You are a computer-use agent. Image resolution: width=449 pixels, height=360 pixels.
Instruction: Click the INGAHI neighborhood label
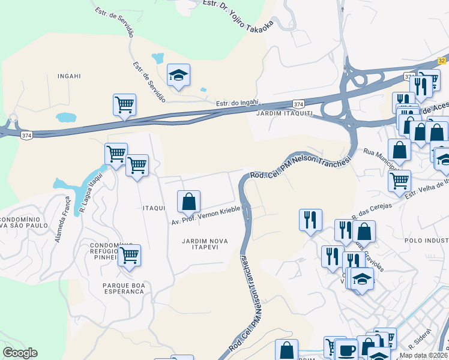coord(68,76)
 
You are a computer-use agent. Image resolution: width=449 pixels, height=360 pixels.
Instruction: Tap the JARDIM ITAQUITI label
coord(285,113)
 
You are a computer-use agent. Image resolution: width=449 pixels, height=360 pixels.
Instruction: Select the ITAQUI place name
coord(154,208)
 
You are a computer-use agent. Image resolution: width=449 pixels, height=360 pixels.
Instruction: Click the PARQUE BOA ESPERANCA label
coord(124,287)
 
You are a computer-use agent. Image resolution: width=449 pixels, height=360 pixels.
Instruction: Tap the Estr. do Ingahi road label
coord(237,103)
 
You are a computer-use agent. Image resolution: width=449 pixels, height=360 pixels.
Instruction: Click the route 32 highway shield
coord(442,61)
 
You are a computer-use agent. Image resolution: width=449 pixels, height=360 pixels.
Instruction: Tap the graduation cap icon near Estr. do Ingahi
coord(178,75)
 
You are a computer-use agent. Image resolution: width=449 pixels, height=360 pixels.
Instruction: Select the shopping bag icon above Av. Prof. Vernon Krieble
coord(188,202)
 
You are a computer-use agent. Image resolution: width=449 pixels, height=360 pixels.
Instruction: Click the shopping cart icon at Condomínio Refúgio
coord(129,256)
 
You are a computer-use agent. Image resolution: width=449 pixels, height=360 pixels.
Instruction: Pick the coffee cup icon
coord(346,350)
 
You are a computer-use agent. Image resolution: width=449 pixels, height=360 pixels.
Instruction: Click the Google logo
coord(20,353)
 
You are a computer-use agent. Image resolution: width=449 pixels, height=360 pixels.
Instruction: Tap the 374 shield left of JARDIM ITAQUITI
coord(298,104)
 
